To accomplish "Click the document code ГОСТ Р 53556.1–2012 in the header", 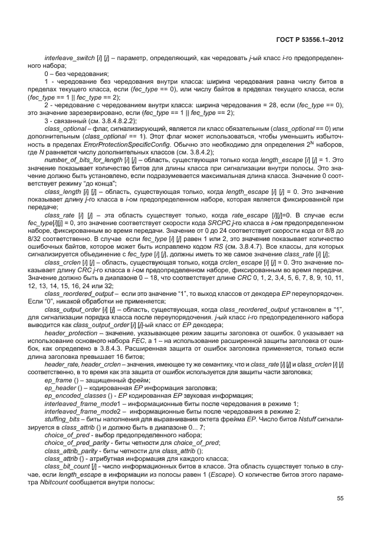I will [x=310, y=40].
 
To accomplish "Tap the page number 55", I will [x=340, y=499].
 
